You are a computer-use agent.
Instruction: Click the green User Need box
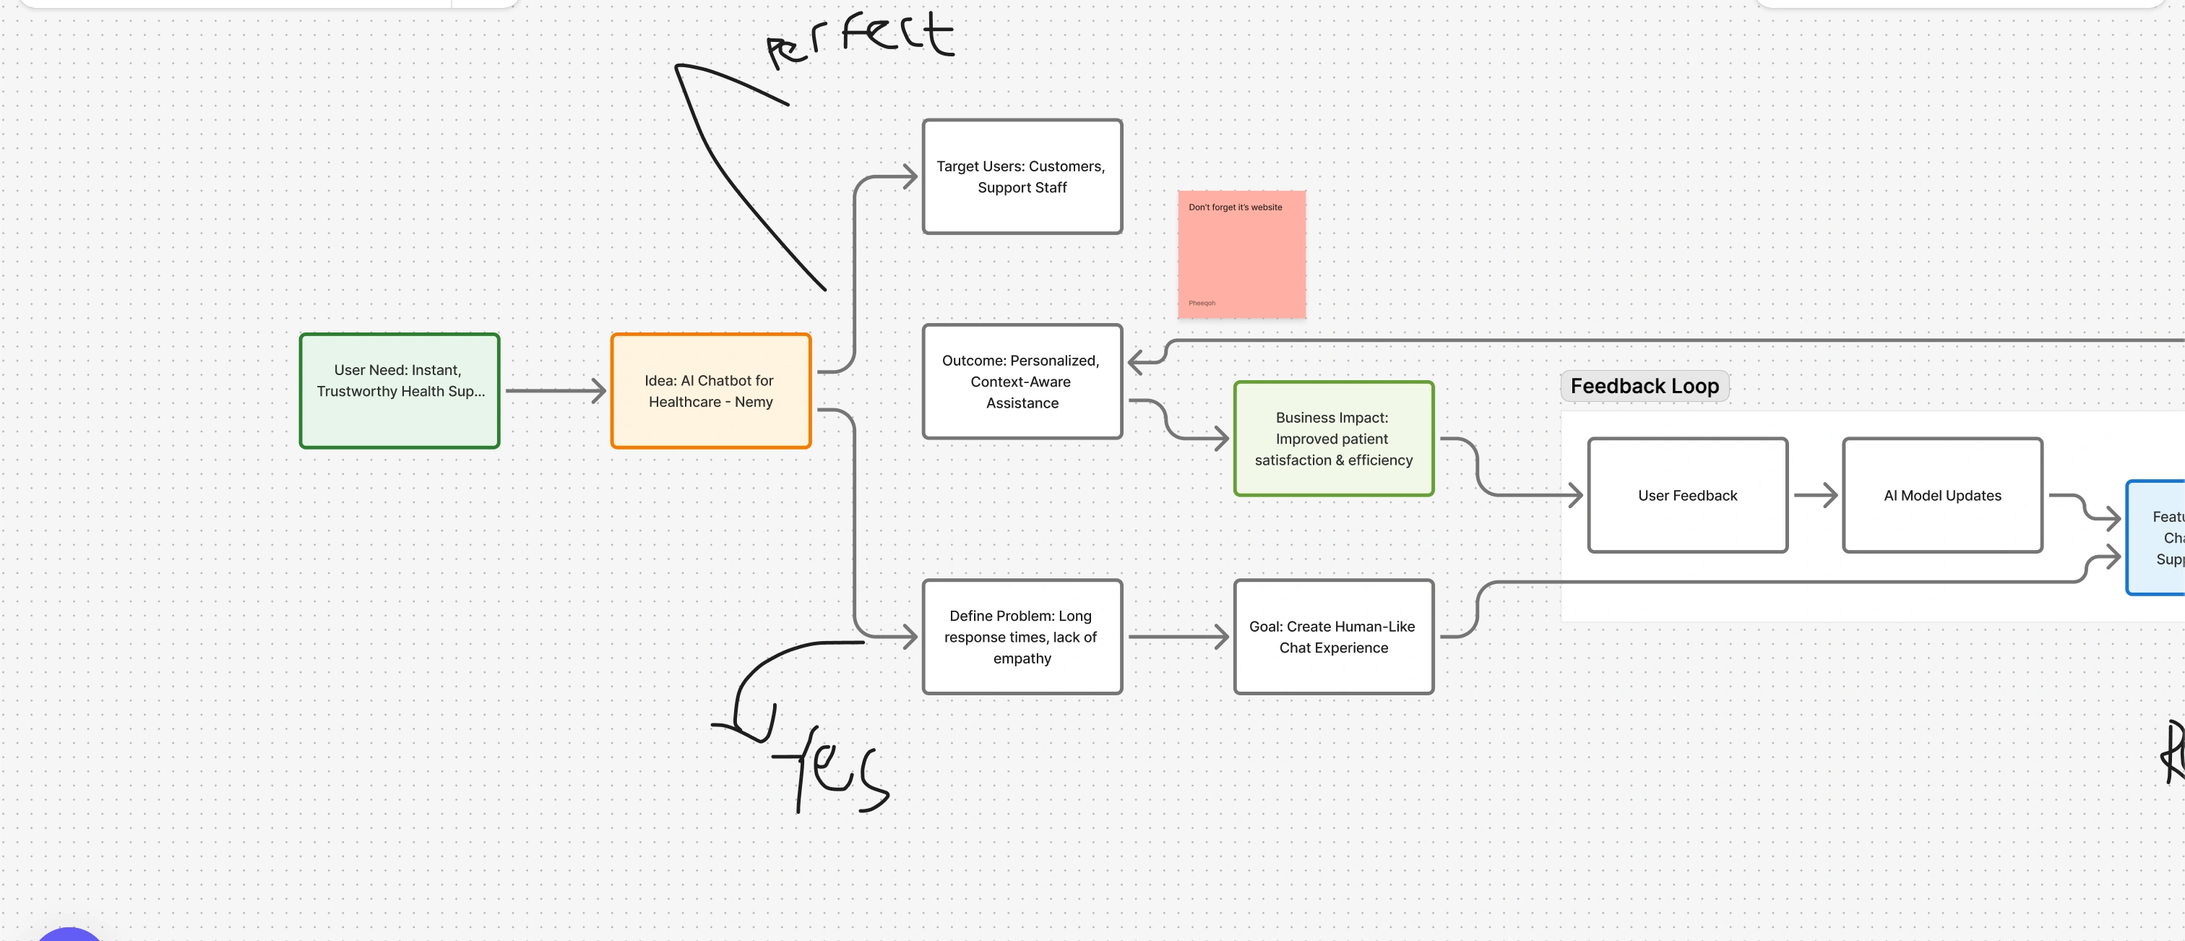(399, 390)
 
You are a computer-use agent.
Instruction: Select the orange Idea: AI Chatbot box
(710, 390)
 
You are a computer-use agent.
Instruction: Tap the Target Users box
(1021, 176)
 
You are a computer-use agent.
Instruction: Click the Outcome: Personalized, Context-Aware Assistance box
(1021, 381)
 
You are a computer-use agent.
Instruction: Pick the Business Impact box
(1332, 438)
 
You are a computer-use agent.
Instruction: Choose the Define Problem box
(1021, 637)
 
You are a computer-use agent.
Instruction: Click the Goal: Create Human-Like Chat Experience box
(1332, 637)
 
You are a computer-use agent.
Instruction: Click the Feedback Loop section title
(1644, 386)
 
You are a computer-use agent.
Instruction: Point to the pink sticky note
(1241, 254)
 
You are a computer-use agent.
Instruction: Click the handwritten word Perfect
(861, 38)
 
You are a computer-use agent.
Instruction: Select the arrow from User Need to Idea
(555, 390)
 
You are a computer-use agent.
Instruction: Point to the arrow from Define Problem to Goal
(1177, 637)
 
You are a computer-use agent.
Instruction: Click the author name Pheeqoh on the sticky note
(1202, 303)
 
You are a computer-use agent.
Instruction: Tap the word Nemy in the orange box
(753, 401)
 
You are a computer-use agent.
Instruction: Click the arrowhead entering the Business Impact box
(1221, 438)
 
